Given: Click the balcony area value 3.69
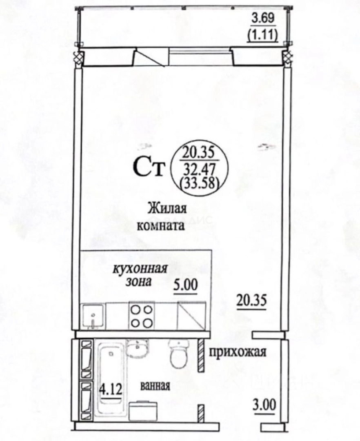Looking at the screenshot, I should tap(263, 18).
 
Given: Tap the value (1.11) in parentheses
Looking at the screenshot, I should tap(262, 36).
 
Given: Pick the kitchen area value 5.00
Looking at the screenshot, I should tap(185, 285).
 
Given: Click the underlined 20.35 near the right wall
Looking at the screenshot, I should tap(251, 301).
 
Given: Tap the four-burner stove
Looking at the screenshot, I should tap(141, 316).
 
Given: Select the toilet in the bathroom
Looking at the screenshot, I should tap(178, 354).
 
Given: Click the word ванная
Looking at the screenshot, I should tap(155, 386).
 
